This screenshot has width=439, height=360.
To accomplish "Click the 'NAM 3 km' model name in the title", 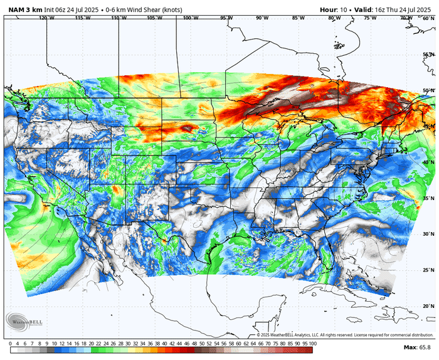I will click(23, 9).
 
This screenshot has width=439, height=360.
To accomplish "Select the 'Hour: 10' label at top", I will click(334, 9).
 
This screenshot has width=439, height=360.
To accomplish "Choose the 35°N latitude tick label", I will click(429, 198).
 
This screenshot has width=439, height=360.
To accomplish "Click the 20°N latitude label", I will click(429, 306).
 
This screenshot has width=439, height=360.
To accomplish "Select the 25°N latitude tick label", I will click(429, 270).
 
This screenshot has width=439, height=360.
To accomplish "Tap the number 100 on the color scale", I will click(312, 344).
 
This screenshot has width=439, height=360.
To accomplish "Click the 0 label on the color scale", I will click(11, 344).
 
